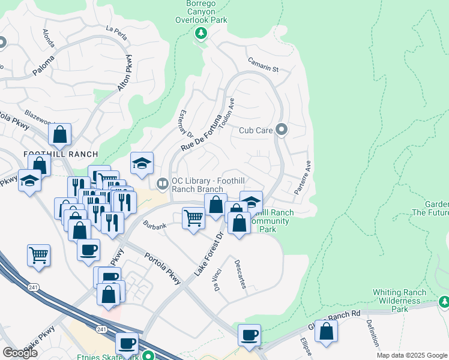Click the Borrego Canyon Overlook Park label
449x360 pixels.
tap(201, 11)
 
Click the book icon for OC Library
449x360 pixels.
tap(161, 183)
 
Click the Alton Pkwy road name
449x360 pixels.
tap(124, 73)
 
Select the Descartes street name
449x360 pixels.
tap(240, 274)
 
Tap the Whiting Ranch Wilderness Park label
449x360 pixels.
tap(399, 301)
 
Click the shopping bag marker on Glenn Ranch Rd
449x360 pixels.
tap(326, 331)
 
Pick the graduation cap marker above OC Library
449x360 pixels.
tap(142, 163)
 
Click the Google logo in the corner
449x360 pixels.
tap(20, 353)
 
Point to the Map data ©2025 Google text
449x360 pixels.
tap(412, 355)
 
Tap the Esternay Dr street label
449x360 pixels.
tap(185, 125)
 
